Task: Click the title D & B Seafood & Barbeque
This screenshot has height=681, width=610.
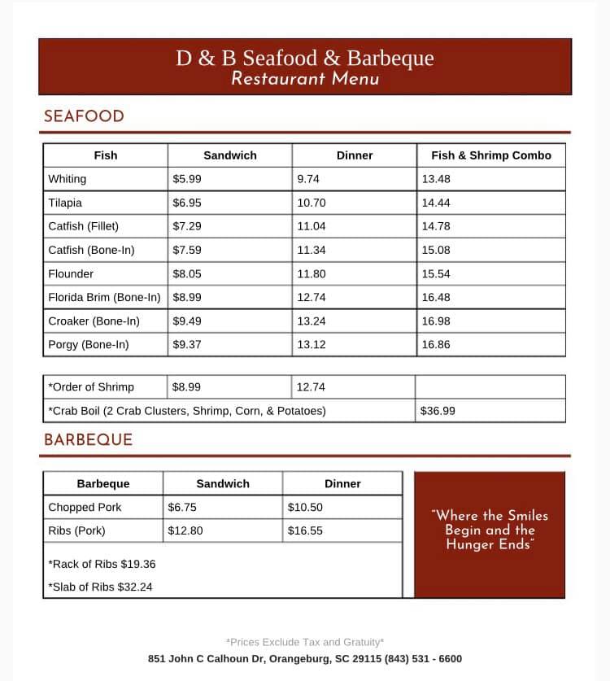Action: (305, 59)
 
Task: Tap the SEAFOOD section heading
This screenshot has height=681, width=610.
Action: (84, 116)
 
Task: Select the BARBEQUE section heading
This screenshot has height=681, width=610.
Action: (88, 440)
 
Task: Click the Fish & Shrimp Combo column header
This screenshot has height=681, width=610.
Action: (490, 155)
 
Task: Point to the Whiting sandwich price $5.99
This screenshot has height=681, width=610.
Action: (187, 179)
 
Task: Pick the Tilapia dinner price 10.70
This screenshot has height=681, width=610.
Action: (311, 203)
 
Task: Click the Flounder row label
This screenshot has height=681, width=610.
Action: (71, 274)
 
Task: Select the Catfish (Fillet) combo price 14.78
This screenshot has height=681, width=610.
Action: (435, 226)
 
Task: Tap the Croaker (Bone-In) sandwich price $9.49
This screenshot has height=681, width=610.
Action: (187, 321)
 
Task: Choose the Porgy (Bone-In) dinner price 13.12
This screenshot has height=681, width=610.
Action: (311, 345)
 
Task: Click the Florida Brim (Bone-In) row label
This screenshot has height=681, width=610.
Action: (104, 298)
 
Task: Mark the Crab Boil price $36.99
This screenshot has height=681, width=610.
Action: (438, 411)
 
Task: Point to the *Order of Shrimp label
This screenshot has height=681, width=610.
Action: (91, 387)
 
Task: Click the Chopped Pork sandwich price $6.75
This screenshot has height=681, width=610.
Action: (182, 507)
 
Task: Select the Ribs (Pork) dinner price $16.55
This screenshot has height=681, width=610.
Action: (305, 530)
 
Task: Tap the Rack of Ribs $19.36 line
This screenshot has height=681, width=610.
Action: (102, 563)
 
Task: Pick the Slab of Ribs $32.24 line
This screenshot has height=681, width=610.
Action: (100, 587)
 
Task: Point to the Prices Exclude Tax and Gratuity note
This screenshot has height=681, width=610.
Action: (305, 642)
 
